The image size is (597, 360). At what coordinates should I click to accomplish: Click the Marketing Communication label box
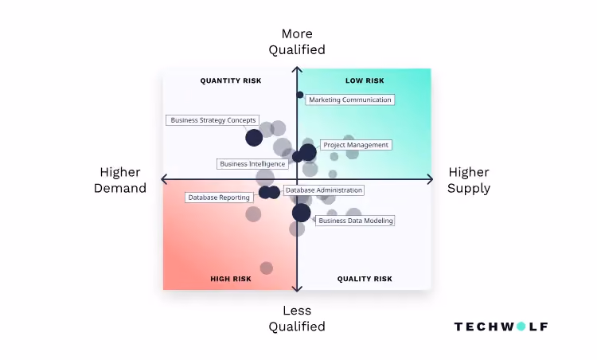tap(350, 100)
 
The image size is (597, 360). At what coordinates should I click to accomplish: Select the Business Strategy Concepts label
tap(213, 120)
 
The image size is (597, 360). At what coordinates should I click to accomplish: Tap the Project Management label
tap(356, 145)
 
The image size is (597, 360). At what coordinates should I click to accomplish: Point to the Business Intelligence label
tap(252, 164)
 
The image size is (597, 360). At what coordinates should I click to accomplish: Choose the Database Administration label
tap(324, 190)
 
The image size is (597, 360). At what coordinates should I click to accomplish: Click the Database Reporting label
tap(219, 198)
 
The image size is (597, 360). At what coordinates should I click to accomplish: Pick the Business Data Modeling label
tap(355, 221)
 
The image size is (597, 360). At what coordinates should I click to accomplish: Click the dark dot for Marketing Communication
tap(300, 95)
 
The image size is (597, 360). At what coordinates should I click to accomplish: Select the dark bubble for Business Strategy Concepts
tap(254, 138)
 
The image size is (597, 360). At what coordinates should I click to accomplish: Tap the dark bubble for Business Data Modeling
tap(301, 213)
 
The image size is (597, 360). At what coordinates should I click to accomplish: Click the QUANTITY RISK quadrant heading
tap(231, 80)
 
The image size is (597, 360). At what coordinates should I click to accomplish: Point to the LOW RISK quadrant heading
tap(365, 80)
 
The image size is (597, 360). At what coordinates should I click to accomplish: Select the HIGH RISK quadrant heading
tap(231, 279)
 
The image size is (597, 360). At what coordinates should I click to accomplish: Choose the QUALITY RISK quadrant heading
tap(365, 279)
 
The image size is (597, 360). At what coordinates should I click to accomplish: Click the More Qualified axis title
tap(297, 41)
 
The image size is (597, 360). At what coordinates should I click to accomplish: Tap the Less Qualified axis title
tap(297, 319)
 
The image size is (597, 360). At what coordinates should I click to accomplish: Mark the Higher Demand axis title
tap(120, 180)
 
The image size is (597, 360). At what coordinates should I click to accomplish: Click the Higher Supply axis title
tap(469, 180)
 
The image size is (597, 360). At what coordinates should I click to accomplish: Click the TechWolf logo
tap(501, 327)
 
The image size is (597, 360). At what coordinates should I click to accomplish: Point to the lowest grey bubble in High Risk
tap(267, 268)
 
